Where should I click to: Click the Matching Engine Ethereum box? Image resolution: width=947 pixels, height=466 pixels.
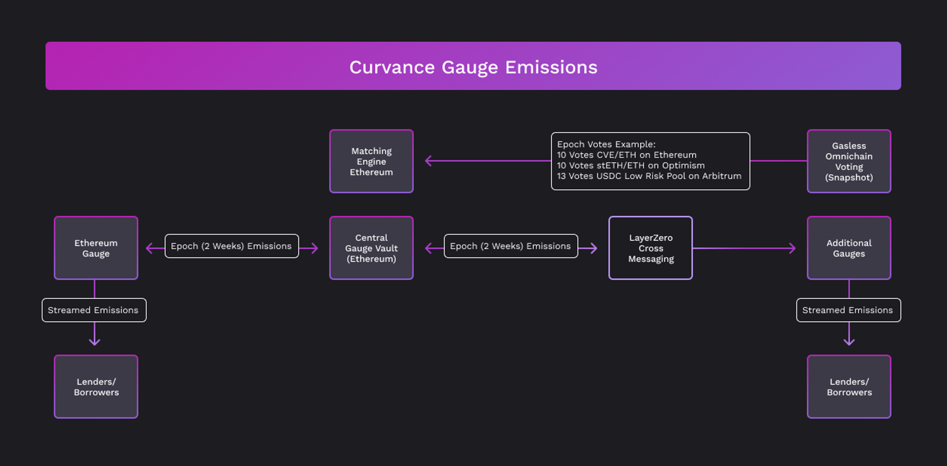click(371, 161)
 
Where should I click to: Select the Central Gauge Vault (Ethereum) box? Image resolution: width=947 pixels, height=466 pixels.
click(371, 248)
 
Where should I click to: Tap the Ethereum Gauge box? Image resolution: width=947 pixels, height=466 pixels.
click(96, 248)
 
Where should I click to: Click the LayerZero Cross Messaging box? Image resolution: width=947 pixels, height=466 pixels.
click(651, 248)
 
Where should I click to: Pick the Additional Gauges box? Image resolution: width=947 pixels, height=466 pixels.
click(849, 248)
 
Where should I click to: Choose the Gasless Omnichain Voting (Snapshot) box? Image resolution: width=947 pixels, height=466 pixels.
click(849, 161)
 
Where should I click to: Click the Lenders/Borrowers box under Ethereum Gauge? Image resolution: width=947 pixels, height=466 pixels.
click(96, 387)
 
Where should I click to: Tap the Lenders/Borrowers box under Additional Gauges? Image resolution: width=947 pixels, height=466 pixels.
click(849, 387)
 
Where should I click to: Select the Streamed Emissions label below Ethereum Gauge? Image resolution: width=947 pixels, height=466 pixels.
click(94, 310)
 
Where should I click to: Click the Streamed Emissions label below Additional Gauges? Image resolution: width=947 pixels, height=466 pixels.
click(849, 310)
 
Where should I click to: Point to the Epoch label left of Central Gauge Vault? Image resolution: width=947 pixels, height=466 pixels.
click(232, 246)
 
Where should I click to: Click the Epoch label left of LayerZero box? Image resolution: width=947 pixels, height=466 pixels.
click(511, 246)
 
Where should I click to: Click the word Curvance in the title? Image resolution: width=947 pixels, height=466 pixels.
click(392, 67)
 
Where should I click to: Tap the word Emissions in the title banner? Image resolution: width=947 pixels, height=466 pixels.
click(551, 67)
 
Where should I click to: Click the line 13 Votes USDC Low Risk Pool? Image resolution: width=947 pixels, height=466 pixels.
click(649, 176)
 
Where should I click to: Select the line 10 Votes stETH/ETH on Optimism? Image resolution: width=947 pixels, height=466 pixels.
click(631, 166)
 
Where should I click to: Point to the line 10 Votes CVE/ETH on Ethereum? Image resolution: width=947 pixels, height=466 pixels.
click(626, 155)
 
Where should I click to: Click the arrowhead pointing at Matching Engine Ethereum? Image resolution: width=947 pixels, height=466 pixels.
click(428, 161)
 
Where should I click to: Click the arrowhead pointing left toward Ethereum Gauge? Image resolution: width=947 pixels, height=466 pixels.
click(149, 248)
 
